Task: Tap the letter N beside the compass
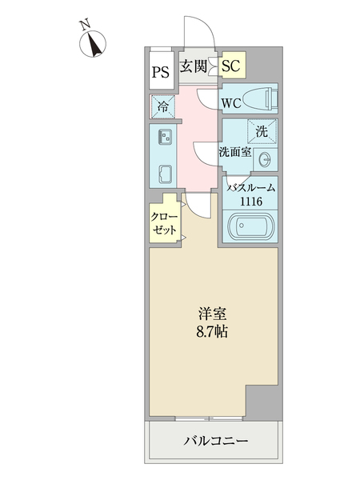click(x=84, y=26)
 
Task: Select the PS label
click(x=160, y=72)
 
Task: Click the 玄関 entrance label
click(x=194, y=66)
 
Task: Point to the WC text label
click(x=231, y=103)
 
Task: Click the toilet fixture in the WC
click(x=261, y=100)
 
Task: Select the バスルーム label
click(x=251, y=188)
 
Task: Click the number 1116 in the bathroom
click(x=251, y=202)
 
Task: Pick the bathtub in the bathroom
click(x=251, y=226)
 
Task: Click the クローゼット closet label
click(x=164, y=222)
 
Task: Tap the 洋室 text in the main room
click(x=210, y=313)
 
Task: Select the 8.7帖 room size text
click(x=210, y=330)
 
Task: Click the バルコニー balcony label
click(x=214, y=441)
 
